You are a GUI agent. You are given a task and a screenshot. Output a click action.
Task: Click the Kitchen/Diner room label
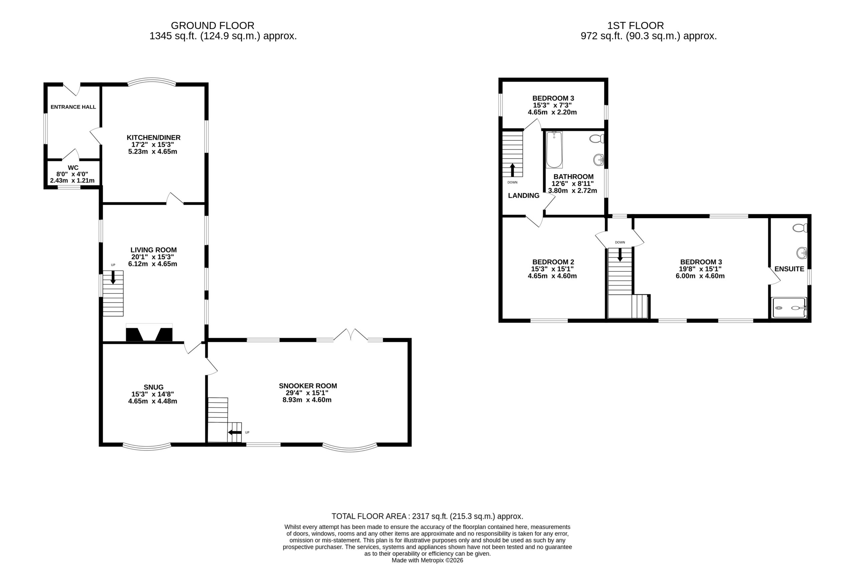[154, 137]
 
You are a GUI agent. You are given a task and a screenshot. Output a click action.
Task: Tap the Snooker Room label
[308, 386]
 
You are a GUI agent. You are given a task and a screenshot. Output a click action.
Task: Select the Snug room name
[154, 387]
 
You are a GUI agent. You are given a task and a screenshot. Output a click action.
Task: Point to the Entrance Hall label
[73, 107]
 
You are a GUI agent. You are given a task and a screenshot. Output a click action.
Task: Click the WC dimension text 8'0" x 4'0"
[72, 174]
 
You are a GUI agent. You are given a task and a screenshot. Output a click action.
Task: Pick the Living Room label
[154, 250]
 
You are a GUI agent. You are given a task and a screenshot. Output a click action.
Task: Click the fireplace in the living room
[149, 333]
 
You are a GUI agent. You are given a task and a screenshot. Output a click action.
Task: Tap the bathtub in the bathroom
[554, 150]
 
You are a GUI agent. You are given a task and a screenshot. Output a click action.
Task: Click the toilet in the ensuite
[800, 228]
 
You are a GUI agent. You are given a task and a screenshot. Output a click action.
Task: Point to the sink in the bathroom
[598, 159]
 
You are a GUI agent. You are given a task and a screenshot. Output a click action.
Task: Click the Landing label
[523, 196]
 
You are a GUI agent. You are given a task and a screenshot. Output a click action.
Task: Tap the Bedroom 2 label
[553, 262]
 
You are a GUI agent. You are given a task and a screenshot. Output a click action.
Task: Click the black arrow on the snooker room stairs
[235, 432]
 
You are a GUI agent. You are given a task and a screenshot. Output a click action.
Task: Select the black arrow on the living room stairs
[113, 277]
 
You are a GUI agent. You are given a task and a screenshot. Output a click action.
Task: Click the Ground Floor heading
[212, 25]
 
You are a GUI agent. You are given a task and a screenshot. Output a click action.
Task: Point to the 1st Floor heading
[636, 25]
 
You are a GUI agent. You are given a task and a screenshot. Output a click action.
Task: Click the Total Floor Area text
[427, 516]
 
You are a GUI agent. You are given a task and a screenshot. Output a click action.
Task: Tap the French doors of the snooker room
[351, 334]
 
